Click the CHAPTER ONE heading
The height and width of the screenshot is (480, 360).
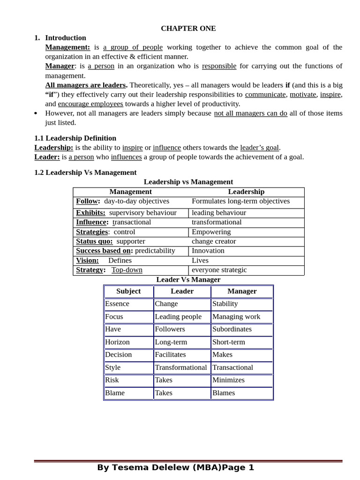click(188, 28)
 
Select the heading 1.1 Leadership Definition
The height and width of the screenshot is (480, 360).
click(75, 138)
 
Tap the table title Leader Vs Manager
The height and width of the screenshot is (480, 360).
click(188, 279)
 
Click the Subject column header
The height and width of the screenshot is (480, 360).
click(128, 291)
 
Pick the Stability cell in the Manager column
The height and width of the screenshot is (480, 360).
click(225, 304)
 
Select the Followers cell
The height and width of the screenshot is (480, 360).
click(170, 329)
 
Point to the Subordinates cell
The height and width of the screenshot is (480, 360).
click(232, 329)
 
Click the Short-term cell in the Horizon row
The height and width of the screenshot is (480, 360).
click(228, 342)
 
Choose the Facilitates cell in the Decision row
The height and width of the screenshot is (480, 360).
click(170, 354)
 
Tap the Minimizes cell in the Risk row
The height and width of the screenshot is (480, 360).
click(228, 380)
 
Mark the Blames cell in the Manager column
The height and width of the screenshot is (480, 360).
click(224, 393)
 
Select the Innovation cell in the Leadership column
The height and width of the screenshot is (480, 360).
click(208, 251)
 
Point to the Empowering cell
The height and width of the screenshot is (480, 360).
click(211, 232)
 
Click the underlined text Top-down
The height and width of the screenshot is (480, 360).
click(127, 270)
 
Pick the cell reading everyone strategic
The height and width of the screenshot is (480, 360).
click(219, 270)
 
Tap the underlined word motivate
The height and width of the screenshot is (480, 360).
click(302, 94)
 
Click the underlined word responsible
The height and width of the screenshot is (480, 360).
click(219, 66)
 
